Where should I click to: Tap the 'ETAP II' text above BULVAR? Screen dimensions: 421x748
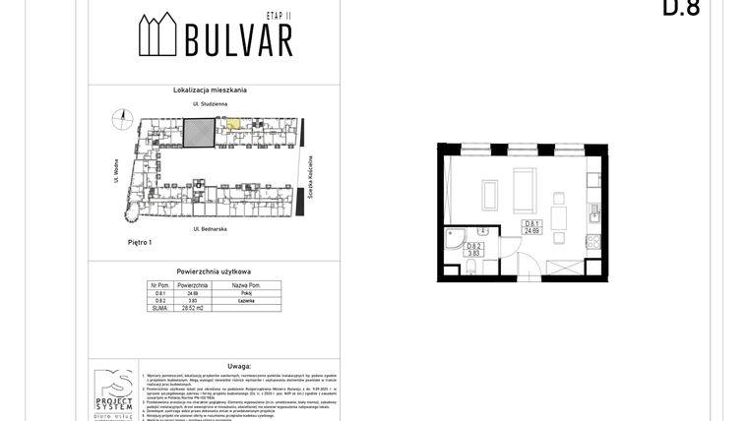click(280, 17)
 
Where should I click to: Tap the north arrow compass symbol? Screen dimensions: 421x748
click(123, 117)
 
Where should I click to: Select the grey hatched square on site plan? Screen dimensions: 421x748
click(200, 132)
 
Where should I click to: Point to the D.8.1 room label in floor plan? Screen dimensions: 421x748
click(531, 227)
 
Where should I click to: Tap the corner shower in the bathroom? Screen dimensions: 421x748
click(457, 236)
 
